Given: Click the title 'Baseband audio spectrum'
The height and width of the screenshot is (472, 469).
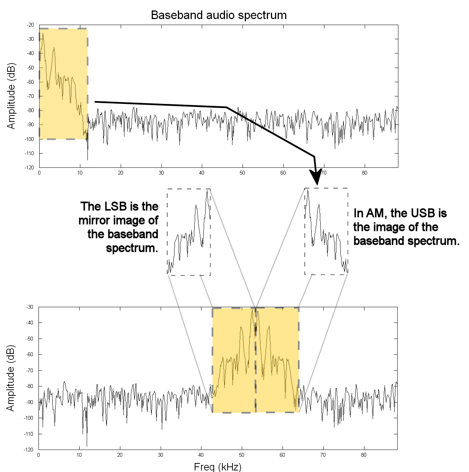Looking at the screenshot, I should pyautogui.click(x=219, y=15).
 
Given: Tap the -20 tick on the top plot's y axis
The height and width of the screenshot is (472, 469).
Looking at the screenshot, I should pyautogui.click(x=31, y=25).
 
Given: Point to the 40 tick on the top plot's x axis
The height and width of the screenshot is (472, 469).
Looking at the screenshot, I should pyautogui.click(x=202, y=173).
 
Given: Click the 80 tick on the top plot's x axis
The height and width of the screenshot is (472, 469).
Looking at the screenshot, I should pyautogui.click(x=365, y=173).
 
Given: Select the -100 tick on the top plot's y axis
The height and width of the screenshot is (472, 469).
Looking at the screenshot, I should pyautogui.click(x=30, y=139).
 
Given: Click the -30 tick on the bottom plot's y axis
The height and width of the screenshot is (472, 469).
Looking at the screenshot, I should pyautogui.click(x=30, y=307).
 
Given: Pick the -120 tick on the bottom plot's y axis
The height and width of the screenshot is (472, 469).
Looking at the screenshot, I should pyautogui.click(x=29, y=450).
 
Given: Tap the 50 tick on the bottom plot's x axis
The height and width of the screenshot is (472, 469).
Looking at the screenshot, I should pyautogui.click(x=241, y=455).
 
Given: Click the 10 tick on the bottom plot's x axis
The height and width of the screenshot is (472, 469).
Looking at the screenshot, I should pyautogui.click(x=79, y=455).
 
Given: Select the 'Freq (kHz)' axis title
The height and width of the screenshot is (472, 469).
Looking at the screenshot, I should pyautogui.click(x=217, y=467).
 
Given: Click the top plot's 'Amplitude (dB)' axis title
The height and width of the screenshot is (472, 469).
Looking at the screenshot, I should pyautogui.click(x=12, y=96).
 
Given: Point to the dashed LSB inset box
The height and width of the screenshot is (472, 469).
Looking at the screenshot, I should pyautogui.click(x=189, y=232).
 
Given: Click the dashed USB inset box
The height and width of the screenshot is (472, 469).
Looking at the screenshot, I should pyautogui.click(x=326, y=231).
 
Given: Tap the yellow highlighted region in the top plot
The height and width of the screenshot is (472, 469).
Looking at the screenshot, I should pyautogui.click(x=63, y=84).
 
